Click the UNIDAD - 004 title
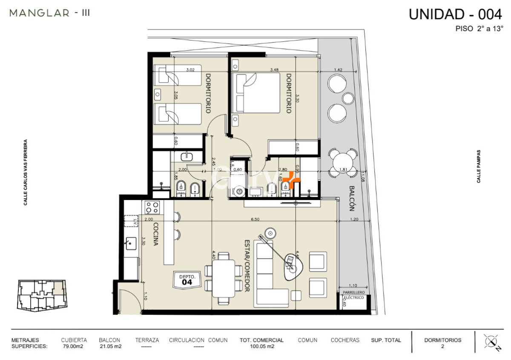pos(455,14)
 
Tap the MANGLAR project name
pos(39,13)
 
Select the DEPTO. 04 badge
pos(187,279)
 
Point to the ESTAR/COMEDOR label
pos(246,265)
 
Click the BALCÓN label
pos(352,198)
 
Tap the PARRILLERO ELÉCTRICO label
pos(354,295)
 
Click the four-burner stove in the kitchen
pos(152,208)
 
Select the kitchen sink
pos(131,243)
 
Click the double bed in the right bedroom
pos(255,93)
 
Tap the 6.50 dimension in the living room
pos(255,220)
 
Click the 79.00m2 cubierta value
pos(74,346)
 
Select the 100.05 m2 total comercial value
pos(261,346)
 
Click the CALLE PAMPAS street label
pos(479,166)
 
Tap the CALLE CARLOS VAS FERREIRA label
pos(26,172)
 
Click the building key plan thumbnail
pos(41,296)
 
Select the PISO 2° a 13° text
pos(479,29)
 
